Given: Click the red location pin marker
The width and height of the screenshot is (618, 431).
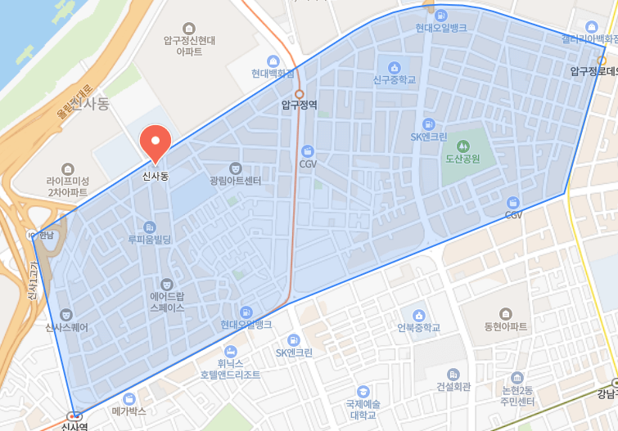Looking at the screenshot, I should [155, 141].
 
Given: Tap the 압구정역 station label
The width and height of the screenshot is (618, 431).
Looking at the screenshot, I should [299, 105].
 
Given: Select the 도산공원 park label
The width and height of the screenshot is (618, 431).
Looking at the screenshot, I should [462, 159].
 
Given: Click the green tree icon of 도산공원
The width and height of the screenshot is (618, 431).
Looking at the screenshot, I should [462, 146].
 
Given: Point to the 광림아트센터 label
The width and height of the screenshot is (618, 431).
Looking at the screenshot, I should [235, 180].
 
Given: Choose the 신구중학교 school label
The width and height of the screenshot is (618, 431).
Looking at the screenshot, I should [394, 80].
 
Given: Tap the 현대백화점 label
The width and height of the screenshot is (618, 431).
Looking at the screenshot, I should [273, 73].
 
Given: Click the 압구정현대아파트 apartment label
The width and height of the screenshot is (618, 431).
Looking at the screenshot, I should [189, 45].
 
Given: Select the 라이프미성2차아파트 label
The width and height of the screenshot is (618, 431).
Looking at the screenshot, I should [67, 186].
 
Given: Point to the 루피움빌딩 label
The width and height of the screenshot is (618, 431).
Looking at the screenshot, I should [149, 240].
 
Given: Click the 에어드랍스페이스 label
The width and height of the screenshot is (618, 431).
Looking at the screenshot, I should [167, 301].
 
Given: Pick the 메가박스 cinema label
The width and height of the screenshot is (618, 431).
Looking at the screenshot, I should [129, 410].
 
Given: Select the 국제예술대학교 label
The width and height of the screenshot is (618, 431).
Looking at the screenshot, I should [363, 409].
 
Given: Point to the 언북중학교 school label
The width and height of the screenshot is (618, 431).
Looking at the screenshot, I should [418, 327].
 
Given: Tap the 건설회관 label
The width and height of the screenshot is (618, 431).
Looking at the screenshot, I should [453, 386].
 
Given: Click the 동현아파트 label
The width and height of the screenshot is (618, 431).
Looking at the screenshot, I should [506, 325].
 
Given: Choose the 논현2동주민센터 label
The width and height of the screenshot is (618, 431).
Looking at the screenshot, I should [517, 396].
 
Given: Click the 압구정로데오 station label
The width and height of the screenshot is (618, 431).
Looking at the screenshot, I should [593, 71].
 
